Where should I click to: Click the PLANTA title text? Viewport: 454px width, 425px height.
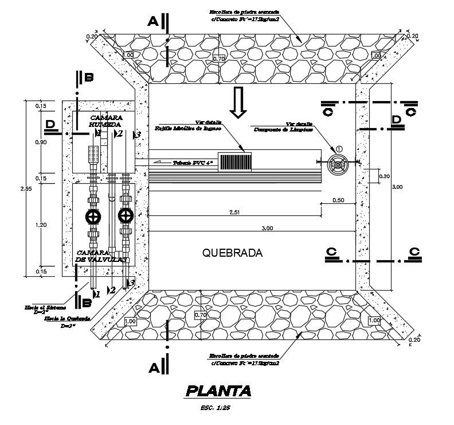(x=218, y=392)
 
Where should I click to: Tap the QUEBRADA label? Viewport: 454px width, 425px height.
(x=233, y=253)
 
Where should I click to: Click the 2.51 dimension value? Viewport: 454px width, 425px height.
(x=234, y=212)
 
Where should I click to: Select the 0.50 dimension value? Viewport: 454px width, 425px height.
(x=338, y=200)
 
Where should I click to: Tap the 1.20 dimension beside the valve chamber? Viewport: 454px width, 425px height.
(x=41, y=226)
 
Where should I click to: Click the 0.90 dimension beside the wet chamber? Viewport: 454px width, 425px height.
(x=41, y=143)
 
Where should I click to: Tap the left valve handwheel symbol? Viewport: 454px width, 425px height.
(x=92, y=217)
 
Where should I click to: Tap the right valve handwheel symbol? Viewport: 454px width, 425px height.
(x=124, y=217)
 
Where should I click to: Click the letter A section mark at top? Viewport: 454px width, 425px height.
(x=152, y=22)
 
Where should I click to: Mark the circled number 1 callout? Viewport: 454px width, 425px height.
(x=339, y=149)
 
